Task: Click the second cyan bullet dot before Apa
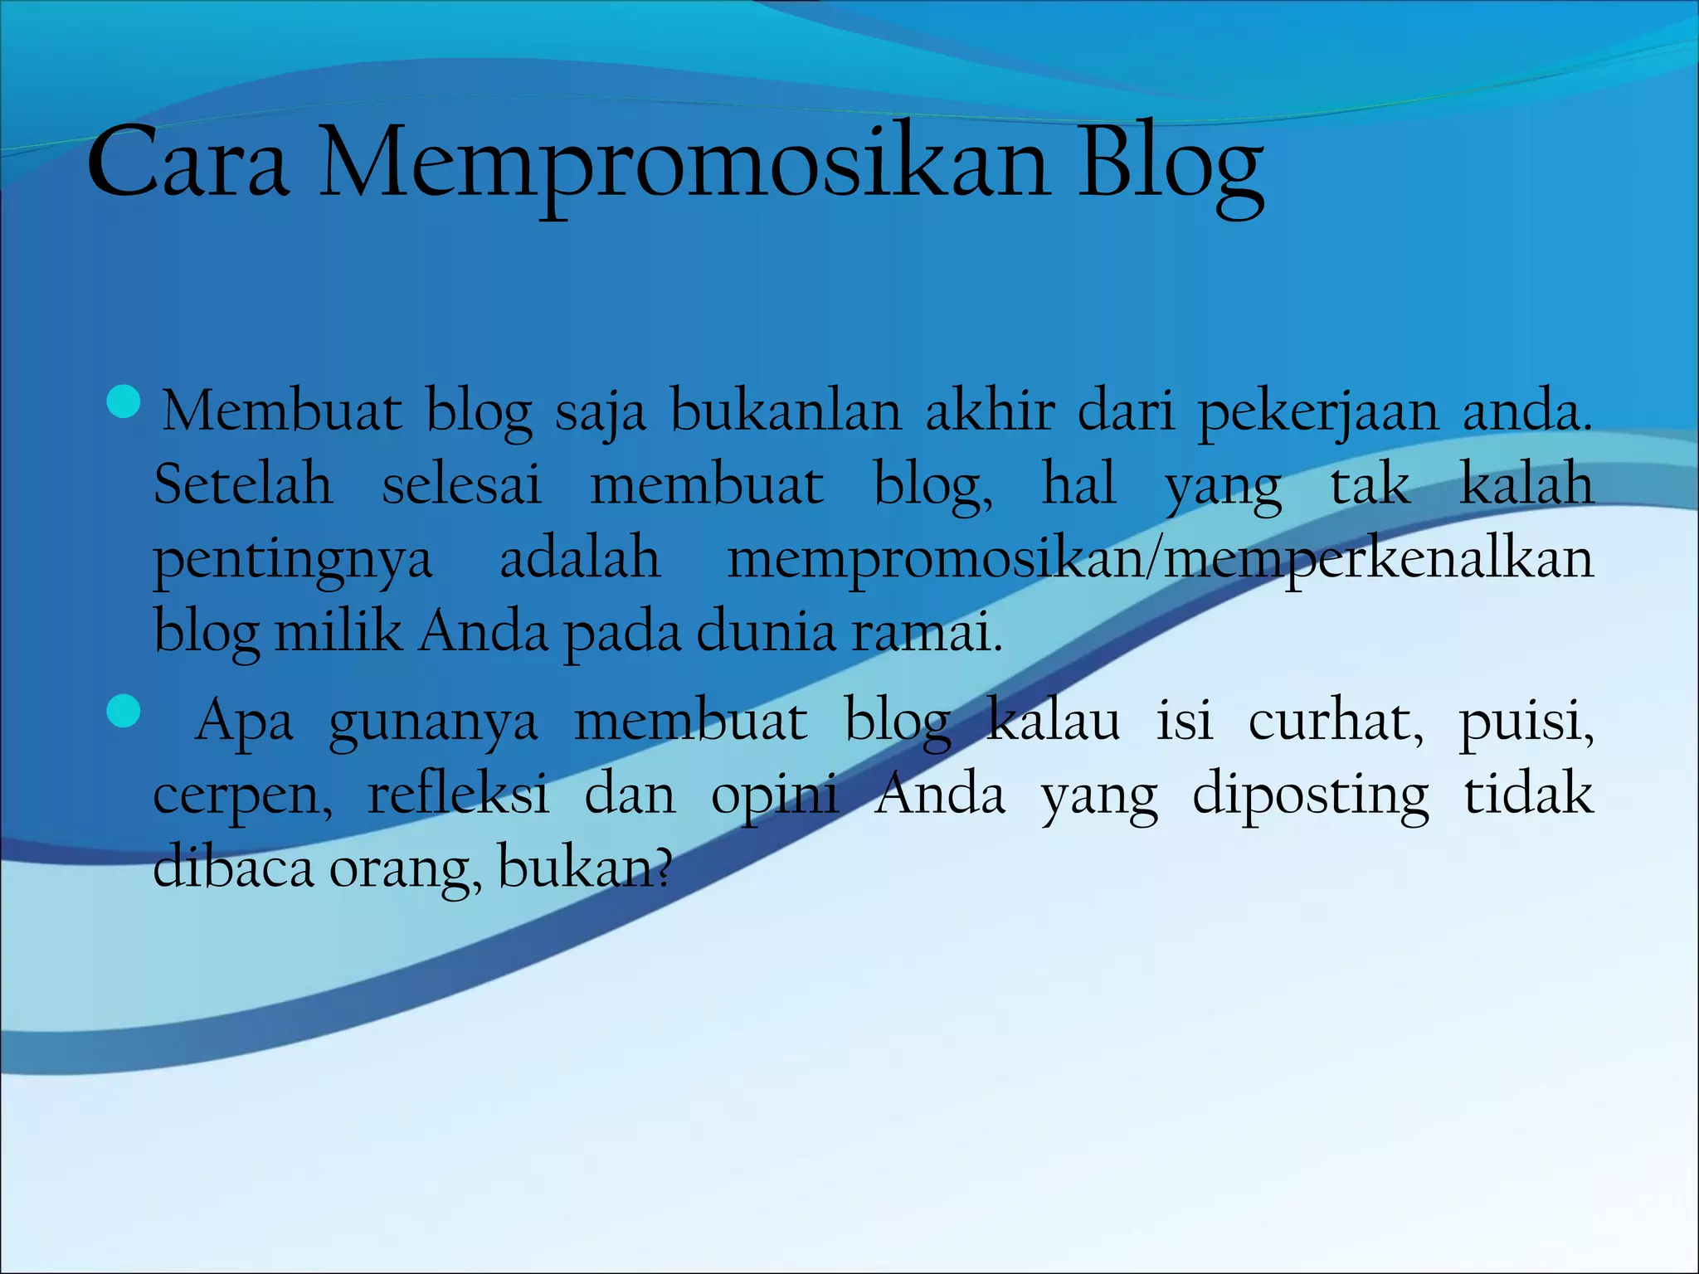(x=124, y=711)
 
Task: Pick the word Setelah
(x=243, y=484)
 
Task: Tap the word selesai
(x=461, y=484)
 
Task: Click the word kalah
(x=1526, y=484)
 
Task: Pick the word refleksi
(x=458, y=794)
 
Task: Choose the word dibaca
(x=233, y=867)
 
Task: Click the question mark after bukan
(x=662, y=867)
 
